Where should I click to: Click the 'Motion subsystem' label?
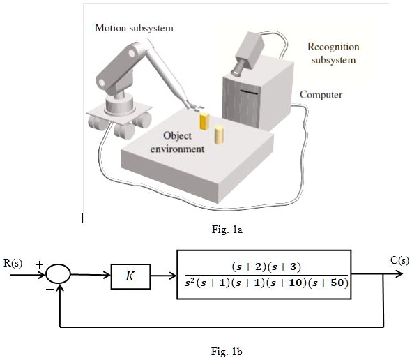pos(134,28)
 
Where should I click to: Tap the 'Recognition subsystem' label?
pos(333,53)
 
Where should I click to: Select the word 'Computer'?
pos(321,94)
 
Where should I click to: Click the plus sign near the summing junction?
pos(39,264)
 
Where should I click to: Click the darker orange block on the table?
pos(204,122)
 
